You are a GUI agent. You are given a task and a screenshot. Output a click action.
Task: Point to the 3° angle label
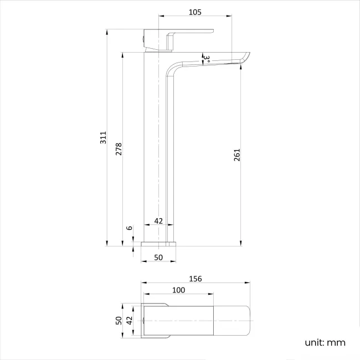205,57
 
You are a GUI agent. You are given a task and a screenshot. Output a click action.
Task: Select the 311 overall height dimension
102,138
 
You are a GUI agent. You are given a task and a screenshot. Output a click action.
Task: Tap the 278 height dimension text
119,148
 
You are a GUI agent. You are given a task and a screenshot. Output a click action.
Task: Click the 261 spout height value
237,155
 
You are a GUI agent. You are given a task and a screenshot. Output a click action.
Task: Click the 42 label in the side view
158,220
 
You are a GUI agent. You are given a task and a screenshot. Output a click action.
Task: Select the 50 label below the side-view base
158,258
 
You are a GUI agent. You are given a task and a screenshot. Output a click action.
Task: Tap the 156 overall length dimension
195,279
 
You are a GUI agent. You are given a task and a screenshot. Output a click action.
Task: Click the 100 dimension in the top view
178,290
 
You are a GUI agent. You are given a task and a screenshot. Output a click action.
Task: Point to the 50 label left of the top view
118,320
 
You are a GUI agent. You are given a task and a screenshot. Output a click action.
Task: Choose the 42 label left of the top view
130,320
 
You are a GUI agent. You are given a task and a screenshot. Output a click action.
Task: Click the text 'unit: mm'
325,342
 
